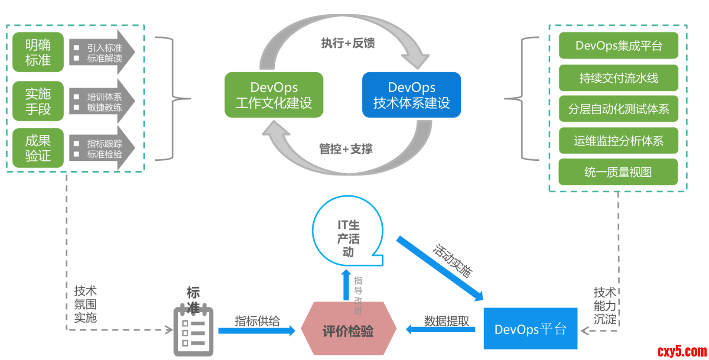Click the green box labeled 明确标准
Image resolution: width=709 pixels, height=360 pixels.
[x=38, y=52]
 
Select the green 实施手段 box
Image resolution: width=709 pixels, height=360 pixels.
[x=38, y=101]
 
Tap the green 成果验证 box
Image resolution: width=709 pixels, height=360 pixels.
[x=38, y=148]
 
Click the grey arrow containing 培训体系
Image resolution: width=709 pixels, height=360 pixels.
[x=102, y=101]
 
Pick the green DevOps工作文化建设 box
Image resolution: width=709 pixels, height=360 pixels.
[x=274, y=95]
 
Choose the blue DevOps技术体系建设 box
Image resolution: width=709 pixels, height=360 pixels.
[x=411, y=95]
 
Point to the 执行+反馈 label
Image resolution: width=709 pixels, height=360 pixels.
[x=348, y=43]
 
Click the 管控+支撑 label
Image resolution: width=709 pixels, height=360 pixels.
[x=346, y=149]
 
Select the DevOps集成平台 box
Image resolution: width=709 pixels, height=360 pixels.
[x=618, y=45]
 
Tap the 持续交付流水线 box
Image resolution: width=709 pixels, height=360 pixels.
[x=618, y=78]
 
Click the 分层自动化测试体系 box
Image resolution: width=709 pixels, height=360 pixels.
[x=618, y=109]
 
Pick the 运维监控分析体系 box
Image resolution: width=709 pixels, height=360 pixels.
[x=618, y=141]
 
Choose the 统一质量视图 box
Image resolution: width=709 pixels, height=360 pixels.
[x=618, y=172]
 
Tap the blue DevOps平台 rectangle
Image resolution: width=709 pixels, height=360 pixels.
[x=530, y=329]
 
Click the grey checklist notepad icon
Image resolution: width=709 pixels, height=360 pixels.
[x=193, y=331]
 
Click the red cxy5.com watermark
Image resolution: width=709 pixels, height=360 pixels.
[x=682, y=351]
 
